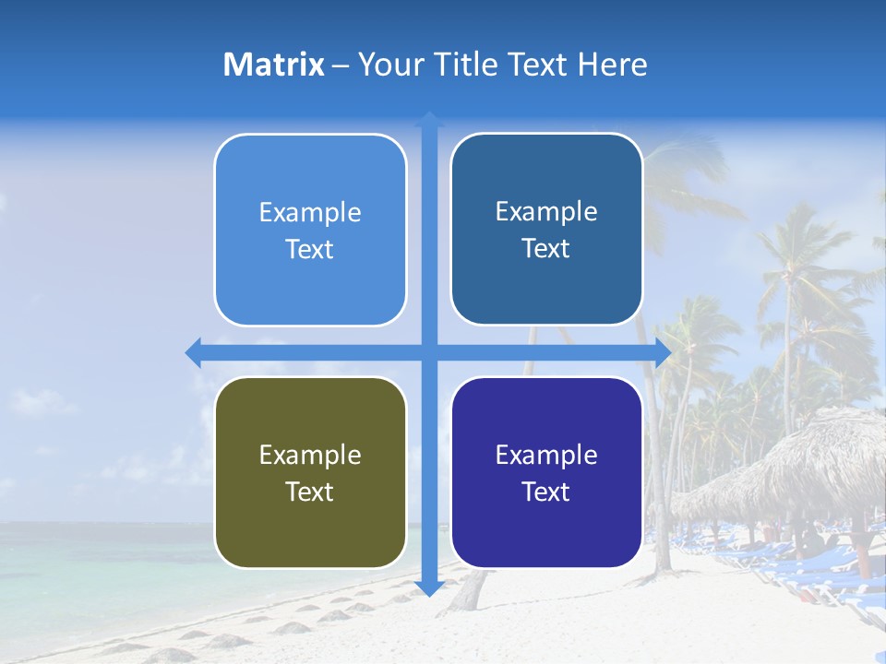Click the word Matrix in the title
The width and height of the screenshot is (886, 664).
tap(273, 65)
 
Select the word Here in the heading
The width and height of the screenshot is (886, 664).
tap(613, 65)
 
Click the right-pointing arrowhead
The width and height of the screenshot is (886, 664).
tap(663, 352)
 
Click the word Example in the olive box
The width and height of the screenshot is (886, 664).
tap(310, 455)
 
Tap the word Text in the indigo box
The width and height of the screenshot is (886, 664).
tap(546, 492)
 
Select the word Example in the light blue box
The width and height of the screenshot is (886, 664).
tap(310, 212)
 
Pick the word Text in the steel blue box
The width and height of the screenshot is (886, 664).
tap(546, 248)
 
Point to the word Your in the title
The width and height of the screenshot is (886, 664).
tap(388, 65)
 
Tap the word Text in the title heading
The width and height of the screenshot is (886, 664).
tap(538, 65)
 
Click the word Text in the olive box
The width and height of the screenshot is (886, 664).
tap(310, 492)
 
